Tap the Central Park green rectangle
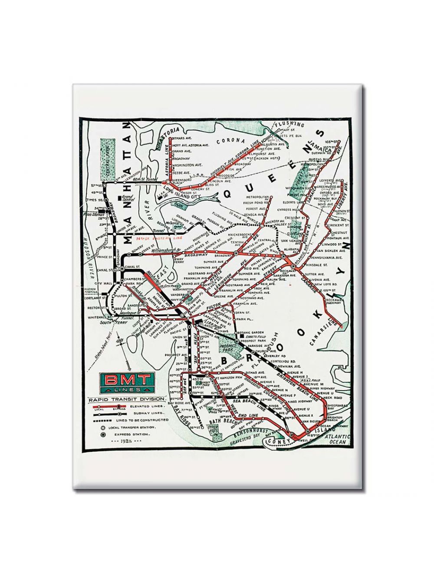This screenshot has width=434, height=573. tap(105, 160)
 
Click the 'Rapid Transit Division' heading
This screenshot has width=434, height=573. tap(126, 398)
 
